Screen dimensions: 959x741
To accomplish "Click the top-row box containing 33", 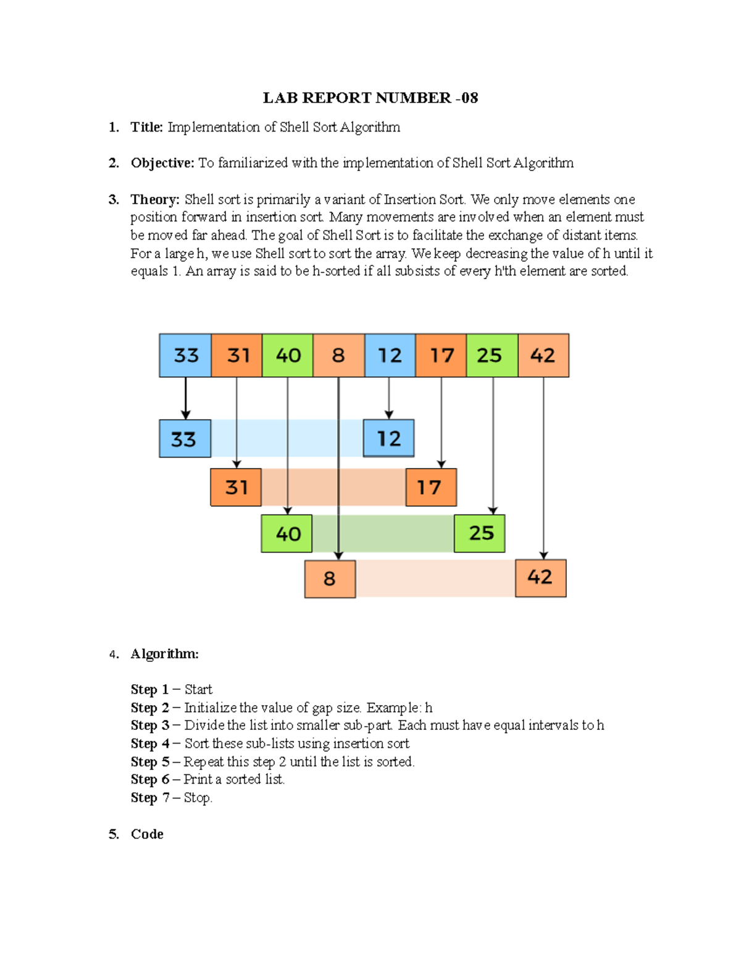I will pyautogui.click(x=185, y=355).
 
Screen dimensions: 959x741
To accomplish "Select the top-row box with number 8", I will pyautogui.click(x=338, y=355).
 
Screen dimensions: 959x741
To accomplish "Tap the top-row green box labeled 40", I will pyautogui.click(x=288, y=355).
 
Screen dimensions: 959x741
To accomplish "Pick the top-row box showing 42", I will pyautogui.click(x=543, y=355).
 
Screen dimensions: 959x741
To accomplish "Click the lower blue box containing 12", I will pyautogui.click(x=388, y=438).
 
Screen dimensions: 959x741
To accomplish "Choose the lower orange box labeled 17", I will pyautogui.click(x=430, y=487).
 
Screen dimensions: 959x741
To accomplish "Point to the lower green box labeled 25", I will pyautogui.click(x=480, y=533).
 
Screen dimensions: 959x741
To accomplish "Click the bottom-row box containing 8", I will pyautogui.click(x=330, y=579).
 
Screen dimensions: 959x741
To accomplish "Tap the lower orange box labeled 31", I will pyautogui.click(x=236, y=487).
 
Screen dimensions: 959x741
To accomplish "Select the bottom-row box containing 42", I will pyautogui.click(x=540, y=577).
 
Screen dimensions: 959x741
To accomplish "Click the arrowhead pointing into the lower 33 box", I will pyautogui.click(x=185, y=414).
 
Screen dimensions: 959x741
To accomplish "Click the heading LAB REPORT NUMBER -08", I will pyautogui.click(x=370, y=98).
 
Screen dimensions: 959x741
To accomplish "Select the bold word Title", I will pyautogui.click(x=146, y=127).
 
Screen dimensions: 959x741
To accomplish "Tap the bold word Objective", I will pyautogui.click(x=162, y=163).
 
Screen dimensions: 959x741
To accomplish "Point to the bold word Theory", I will pyautogui.click(x=154, y=199).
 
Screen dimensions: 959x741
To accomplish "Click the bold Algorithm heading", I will pyautogui.click(x=164, y=654).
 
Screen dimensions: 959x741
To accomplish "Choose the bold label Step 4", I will pyautogui.click(x=150, y=743).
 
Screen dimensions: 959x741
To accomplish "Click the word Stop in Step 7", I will pyautogui.click(x=197, y=798).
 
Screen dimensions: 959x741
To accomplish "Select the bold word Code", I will pyautogui.click(x=147, y=834).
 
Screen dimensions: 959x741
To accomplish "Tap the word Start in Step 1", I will pyautogui.click(x=198, y=689).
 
